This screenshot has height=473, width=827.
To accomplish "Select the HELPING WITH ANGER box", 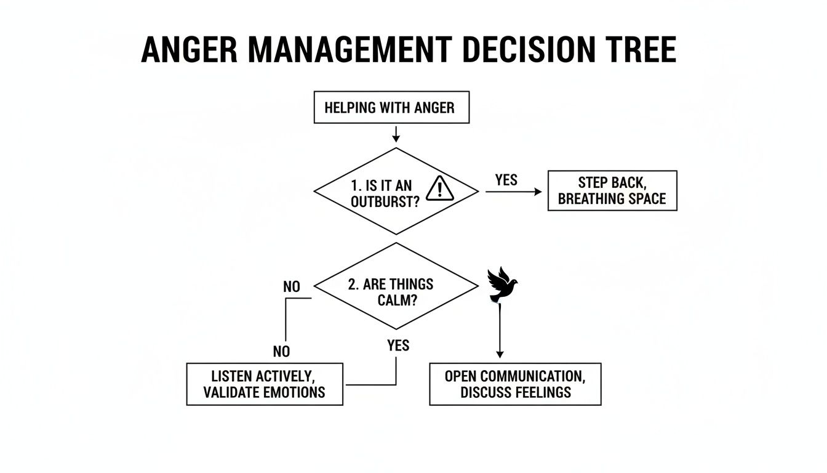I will (391, 108).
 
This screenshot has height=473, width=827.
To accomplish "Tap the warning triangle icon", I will (439, 187).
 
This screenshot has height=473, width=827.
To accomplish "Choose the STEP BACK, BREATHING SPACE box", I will (612, 191).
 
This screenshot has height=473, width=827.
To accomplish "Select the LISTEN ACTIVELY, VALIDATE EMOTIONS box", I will (265, 384).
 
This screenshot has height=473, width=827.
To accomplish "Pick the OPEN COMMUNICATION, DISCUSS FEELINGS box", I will (515, 384).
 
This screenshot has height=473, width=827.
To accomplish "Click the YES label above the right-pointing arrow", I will (506, 180).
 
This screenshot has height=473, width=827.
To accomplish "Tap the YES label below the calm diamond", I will (398, 346).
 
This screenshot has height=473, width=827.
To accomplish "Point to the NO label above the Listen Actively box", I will (281, 351).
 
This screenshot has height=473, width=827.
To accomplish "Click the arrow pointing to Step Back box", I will (514, 192).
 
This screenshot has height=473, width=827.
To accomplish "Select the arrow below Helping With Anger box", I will (396, 134).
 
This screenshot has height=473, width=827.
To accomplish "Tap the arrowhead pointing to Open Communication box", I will (500, 354).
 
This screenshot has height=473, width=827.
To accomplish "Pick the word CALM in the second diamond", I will (402, 300).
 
